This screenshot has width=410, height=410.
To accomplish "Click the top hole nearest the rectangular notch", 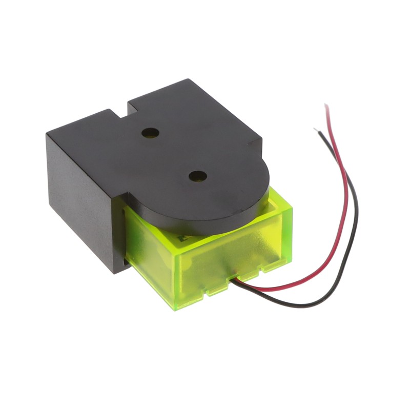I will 150,133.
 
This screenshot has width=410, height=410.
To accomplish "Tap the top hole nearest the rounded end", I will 197,176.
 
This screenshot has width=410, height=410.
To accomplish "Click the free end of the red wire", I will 326,106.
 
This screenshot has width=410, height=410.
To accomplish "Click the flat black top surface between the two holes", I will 174,154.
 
